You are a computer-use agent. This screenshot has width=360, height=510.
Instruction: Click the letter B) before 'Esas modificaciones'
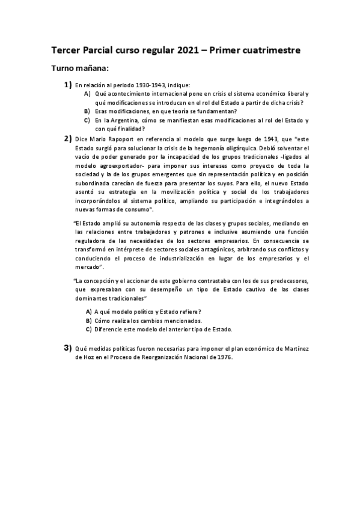pos(88,111)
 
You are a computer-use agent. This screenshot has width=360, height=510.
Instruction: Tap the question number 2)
pos(68,138)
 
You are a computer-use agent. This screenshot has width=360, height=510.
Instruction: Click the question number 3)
pos(68,348)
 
